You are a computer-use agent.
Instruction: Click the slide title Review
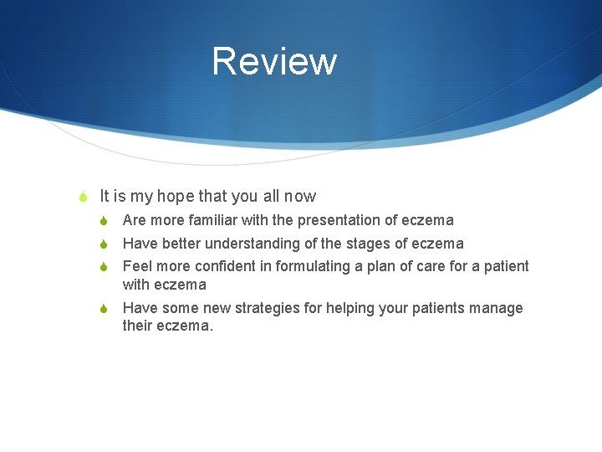[274, 62]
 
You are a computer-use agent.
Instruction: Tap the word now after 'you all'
[299, 197]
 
